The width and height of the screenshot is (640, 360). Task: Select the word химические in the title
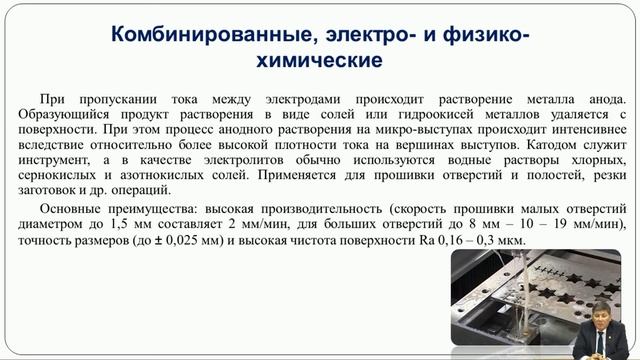pyautogui.click(x=320, y=61)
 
